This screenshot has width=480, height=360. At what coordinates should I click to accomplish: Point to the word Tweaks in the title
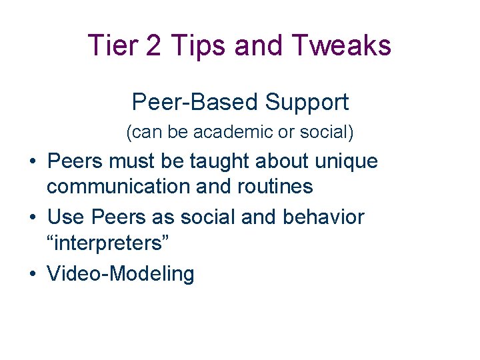tap(346, 46)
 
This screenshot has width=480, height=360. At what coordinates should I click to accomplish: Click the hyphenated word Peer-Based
tap(195, 102)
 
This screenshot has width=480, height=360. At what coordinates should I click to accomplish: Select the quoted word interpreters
tap(108, 243)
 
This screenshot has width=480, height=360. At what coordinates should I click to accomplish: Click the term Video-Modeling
tap(121, 273)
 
